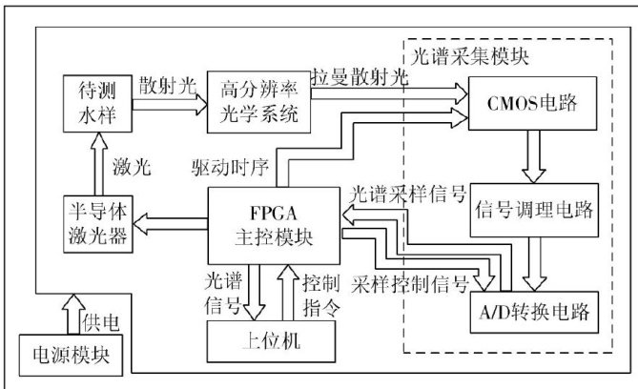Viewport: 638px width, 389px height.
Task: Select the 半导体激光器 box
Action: (95, 223)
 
